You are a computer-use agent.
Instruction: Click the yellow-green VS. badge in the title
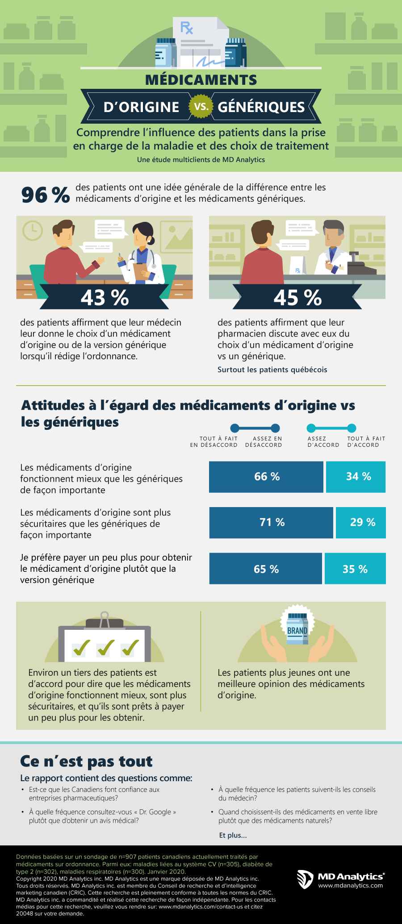(201, 107)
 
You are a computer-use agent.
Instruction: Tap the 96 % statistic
(45, 195)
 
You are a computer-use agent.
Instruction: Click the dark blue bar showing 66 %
(266, 477)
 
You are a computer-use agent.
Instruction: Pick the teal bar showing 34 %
(356, 477)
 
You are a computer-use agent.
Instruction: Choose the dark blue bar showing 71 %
(271, 522)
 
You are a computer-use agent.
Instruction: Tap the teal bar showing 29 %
(361, 522)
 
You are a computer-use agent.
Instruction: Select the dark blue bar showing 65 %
(265, 569)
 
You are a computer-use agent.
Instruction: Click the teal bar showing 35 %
(355, 569)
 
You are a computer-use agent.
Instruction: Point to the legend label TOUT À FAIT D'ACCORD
(366, 441)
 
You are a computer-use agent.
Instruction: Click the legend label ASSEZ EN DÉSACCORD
(264, 441)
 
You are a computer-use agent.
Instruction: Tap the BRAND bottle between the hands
(297, 629)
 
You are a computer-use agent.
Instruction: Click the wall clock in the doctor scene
(32, 230)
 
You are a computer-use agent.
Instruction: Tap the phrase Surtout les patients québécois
(272, 370)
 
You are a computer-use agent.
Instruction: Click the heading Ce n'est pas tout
(86, 761)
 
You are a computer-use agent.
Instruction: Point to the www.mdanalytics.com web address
(350, 886)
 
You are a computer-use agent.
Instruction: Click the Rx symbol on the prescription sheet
(186, 28)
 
